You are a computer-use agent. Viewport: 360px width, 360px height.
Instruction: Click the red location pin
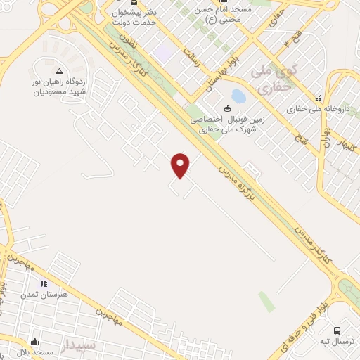point(181,165)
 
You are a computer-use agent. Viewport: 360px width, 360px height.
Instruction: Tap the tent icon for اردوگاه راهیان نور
point(59,71)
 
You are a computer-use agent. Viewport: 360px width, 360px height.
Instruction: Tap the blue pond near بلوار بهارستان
point(238,95)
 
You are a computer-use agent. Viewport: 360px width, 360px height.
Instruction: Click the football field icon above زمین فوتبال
point(226,108)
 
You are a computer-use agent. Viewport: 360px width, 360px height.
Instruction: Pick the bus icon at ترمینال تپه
point(337,330)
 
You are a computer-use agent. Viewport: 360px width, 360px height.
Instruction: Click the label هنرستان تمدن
point(65,294)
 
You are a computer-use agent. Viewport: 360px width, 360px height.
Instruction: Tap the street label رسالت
point(191,60)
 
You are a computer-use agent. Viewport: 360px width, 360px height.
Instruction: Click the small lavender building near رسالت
point(165,52)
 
